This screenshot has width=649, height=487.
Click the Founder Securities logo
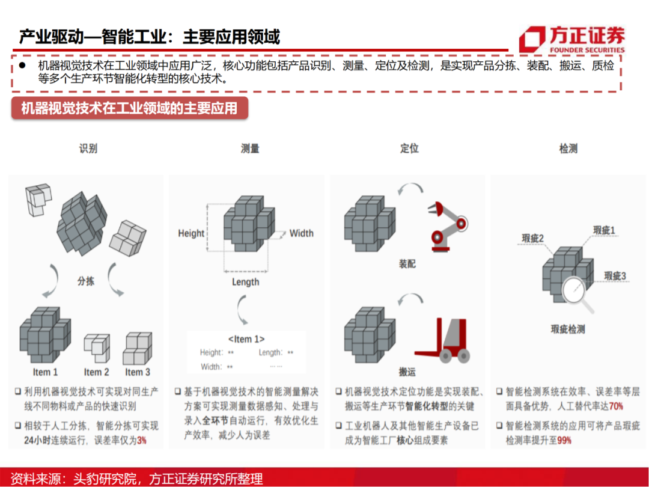point(571,40)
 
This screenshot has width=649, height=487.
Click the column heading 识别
point(88,148)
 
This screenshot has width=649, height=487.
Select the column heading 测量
point(250,148)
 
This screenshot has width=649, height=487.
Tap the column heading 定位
point(409,148)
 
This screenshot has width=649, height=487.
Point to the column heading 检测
point(568,148)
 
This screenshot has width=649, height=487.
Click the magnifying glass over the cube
point(576,289)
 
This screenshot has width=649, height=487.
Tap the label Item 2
point(97,372)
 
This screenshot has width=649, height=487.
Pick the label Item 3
point(138,372)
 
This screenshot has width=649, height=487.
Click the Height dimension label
point(191,233)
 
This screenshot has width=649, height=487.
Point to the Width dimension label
point(302,233)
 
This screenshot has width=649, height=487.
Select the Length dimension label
point(246,282)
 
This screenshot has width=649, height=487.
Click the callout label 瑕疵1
point(604,230)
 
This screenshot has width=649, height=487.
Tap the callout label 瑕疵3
point(615,276)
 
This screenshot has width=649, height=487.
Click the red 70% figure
point(616,406)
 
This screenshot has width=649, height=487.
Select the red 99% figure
point(564,440)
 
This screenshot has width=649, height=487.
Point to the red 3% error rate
point(141,440)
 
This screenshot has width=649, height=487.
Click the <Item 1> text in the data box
point(246,339)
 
